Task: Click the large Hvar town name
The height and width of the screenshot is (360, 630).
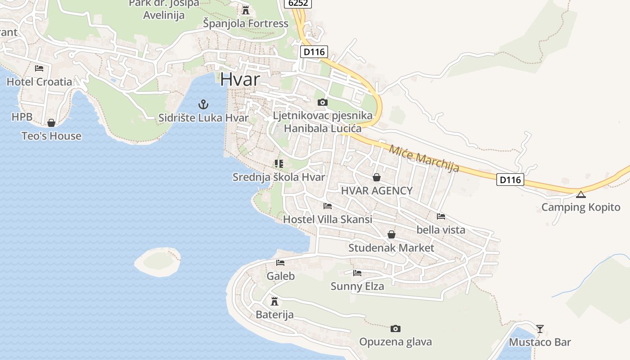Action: [240, 80]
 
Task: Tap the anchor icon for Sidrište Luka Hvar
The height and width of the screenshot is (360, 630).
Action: [203, 105]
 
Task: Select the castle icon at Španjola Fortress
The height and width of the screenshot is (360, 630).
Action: [246, 10]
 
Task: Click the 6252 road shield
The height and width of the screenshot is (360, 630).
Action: [298, 3]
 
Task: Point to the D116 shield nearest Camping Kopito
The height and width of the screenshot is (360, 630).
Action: [511, 180]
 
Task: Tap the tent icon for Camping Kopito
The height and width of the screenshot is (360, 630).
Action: [581, 194]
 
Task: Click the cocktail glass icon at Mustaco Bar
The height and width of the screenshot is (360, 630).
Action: [540, 328]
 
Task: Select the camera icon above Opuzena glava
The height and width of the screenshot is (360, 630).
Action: [396, 328]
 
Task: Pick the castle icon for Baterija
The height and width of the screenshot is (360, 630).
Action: [274, 301]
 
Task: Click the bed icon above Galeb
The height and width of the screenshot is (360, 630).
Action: [280, 263]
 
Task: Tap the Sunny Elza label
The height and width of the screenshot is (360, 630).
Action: [357, 286]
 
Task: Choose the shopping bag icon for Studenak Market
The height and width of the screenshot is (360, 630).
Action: [391, 234]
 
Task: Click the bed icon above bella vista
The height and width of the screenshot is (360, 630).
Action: [441, 216]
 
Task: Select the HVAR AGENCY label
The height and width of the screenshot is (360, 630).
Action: [377, 190]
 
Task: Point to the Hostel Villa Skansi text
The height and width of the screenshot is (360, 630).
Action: [328, 220]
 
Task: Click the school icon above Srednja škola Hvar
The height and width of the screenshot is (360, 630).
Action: [279, 164]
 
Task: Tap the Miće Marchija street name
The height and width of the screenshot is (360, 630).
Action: [424, 158]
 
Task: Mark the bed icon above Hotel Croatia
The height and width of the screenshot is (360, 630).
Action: [39, 68]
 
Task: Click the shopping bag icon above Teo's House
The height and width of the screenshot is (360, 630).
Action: [51, 123]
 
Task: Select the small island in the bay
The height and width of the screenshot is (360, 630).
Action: [158, 261]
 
